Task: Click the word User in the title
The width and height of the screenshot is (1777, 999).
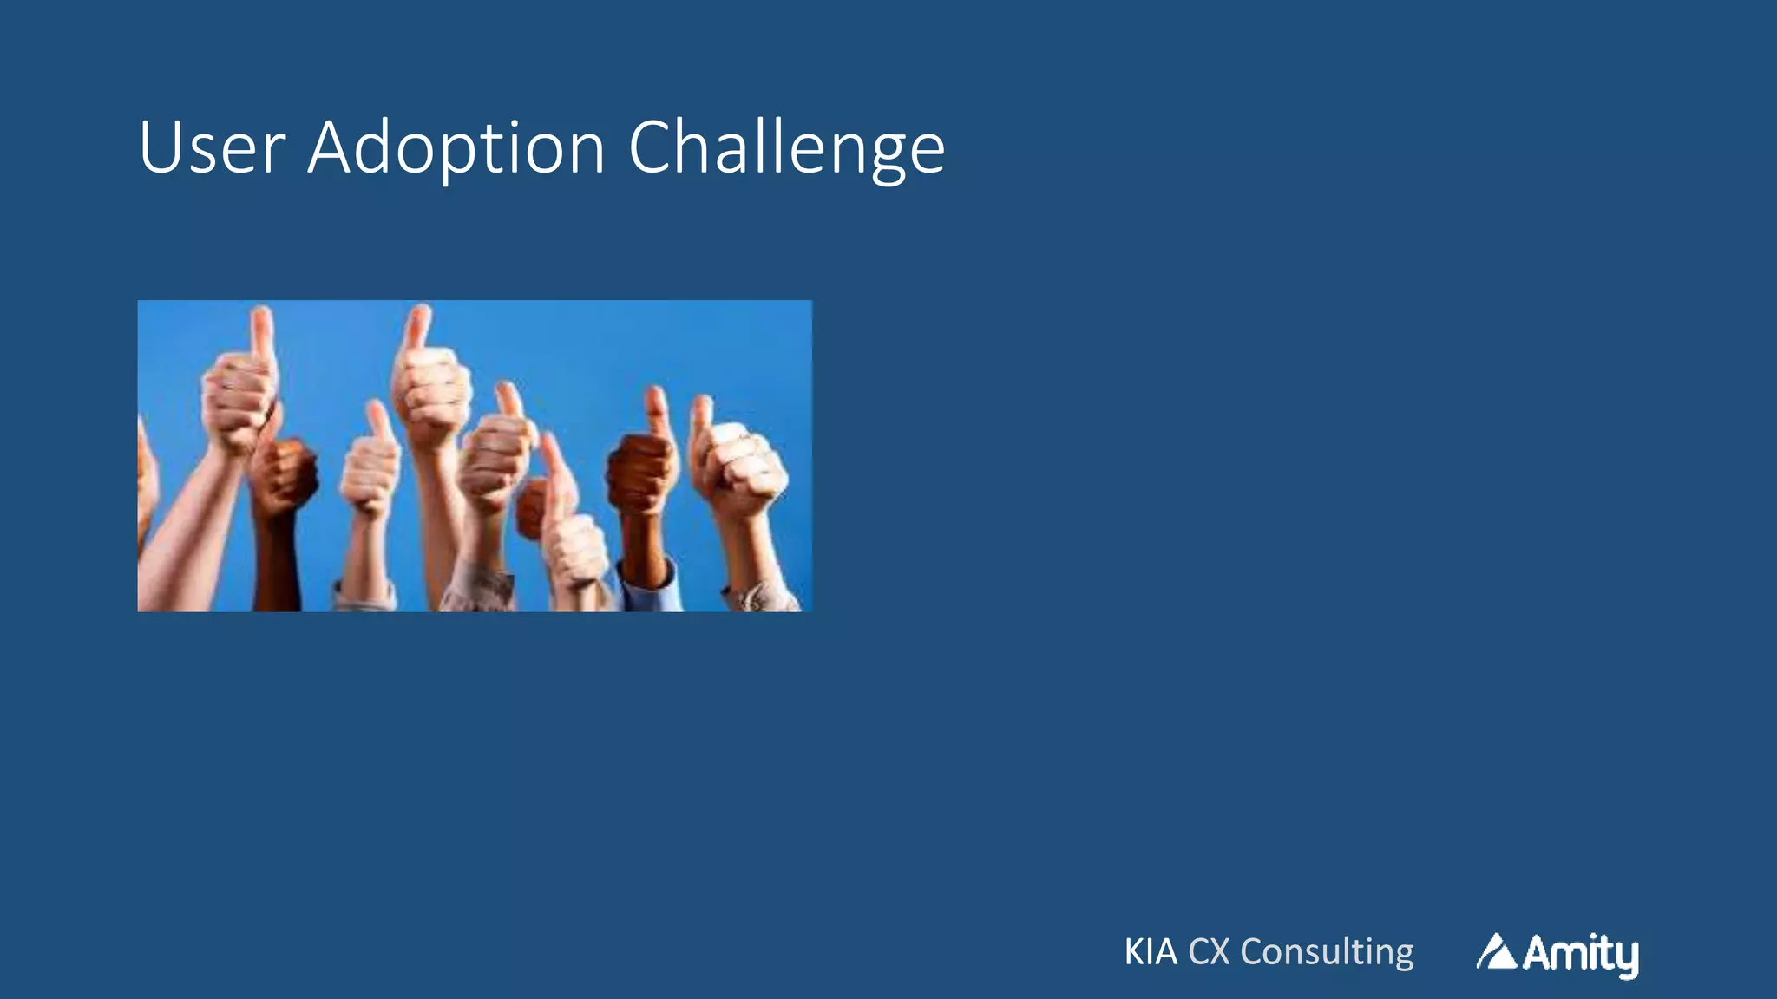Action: [212, 148]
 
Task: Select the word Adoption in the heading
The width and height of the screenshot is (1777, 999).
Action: [456, 148]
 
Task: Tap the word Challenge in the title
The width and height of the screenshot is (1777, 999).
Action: [786, 148]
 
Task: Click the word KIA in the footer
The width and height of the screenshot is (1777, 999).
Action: [1151, 952]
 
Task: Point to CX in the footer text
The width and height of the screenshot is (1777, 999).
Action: [1209, 952]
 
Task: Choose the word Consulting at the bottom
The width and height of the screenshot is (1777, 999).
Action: [1327, 952]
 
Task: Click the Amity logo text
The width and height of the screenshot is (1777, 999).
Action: [1580, 954]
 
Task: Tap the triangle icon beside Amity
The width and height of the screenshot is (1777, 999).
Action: [1496, 952]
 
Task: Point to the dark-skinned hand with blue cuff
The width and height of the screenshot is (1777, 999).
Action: [642, 473]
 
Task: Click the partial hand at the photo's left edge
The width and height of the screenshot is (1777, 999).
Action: [146, 477]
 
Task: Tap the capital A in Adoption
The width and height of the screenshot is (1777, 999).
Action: [331, 148]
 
